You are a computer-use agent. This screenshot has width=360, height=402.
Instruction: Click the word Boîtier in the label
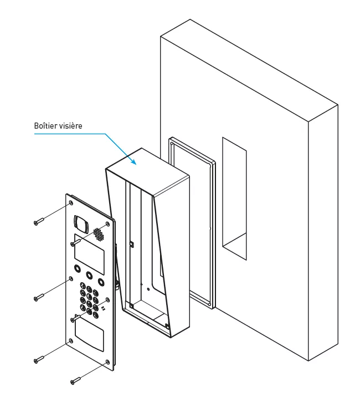pos(46,126)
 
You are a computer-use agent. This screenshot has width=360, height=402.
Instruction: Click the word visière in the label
pos(71,126)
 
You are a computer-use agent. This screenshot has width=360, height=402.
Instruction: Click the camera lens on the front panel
pos(81,224)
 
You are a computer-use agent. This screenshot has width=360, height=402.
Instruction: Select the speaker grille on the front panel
pos(99,233)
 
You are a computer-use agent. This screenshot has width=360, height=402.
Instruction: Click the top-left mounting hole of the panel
pos(70,203)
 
